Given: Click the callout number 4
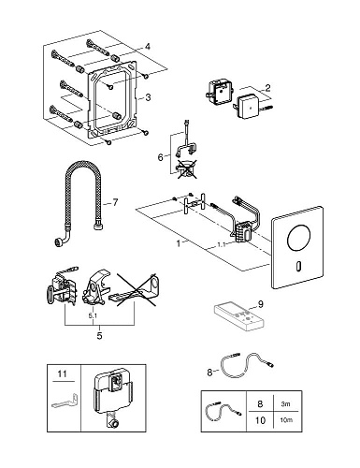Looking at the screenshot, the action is point(148,47).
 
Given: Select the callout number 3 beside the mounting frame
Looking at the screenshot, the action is point(148,97).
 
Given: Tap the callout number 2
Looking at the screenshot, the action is point(267,88).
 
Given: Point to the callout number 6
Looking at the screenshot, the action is point(160,157).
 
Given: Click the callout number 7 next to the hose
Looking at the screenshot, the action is point(115,203).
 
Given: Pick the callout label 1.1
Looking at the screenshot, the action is point(221,245).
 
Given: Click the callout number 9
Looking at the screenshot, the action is point(261,304).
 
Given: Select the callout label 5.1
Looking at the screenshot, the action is point(93,315).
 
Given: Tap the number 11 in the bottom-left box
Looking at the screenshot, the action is point(63,373).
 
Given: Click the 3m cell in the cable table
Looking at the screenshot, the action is point(285,404).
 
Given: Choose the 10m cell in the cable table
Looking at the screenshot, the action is point(286,420).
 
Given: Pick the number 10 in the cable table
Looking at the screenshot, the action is point(260,420).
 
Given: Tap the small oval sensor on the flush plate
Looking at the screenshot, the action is point(298,266).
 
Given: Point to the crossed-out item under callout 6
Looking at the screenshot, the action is point(186,170).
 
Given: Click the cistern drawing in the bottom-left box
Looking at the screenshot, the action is point(112,398).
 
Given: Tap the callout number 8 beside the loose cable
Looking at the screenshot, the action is point(209,373).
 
